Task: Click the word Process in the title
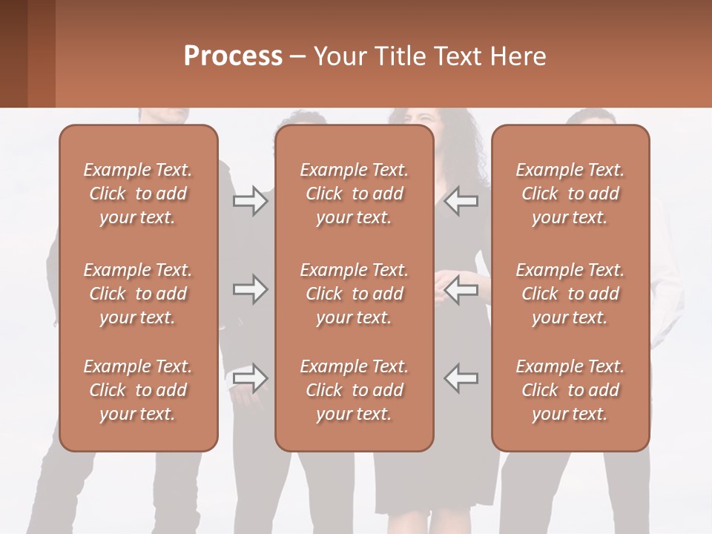coord(233,56)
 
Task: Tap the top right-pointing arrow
coord(250,201)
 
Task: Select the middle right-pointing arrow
coord(250,289)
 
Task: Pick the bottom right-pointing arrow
coord(250,378)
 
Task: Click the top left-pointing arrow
coord(461,201)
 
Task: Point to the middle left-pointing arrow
coord(461,289)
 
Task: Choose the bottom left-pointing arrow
coord(461,378)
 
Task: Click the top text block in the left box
coord(138,194)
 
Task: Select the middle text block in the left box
coord(138,294)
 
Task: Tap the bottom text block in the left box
coord(138,390)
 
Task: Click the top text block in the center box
coord(355,194)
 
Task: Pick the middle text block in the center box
coord(355,294)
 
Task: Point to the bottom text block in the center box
coord(355,390)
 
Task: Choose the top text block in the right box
coord(570,194)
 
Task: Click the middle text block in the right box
coord(570,294)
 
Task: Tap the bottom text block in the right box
coord(570,390)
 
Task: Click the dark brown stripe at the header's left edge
coord(13,53)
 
